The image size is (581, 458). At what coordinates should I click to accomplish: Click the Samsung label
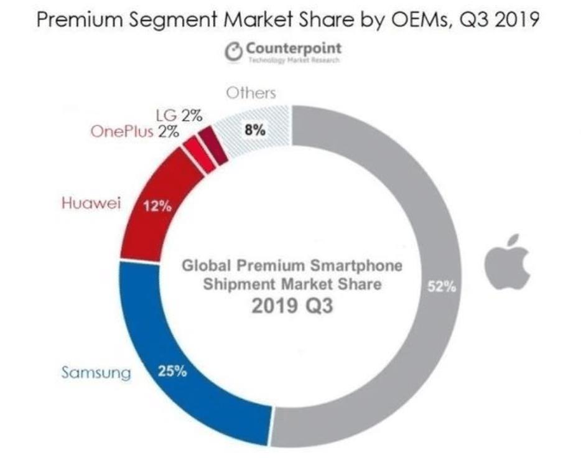tap(96, 373)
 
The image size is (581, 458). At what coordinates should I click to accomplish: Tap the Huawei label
tap(91, 203)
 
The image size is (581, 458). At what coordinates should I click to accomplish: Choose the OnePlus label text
tap(122, 131)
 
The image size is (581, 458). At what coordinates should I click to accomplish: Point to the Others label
tap(251, 93)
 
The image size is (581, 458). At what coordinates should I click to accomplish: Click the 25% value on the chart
tap(173, 373)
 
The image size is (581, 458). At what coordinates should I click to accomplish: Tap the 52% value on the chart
tap(443, 287)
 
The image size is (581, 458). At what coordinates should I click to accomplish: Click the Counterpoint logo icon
tap(234, 52)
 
